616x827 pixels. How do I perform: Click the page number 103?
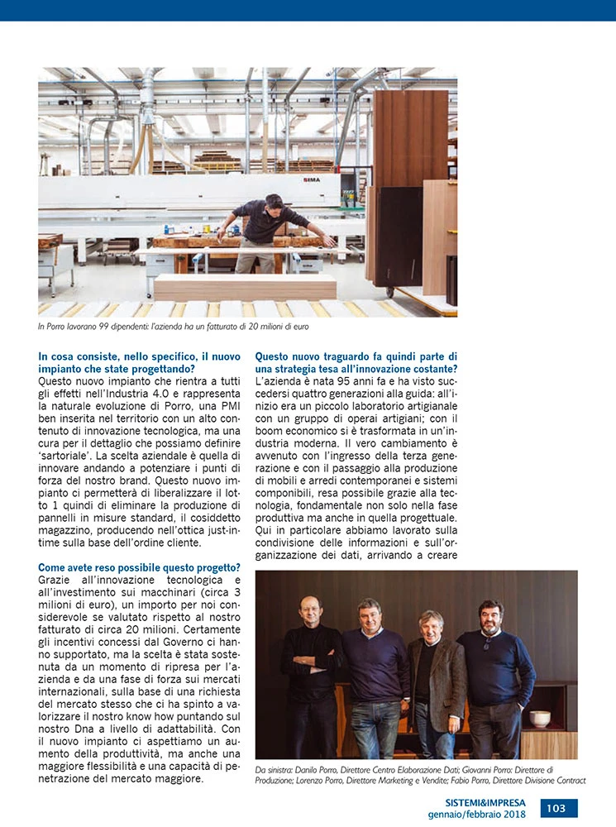(559, 808)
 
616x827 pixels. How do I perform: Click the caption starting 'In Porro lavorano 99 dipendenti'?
(173, 327)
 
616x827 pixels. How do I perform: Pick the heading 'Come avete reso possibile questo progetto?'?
(140, 566)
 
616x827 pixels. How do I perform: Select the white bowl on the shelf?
(541, 718)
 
